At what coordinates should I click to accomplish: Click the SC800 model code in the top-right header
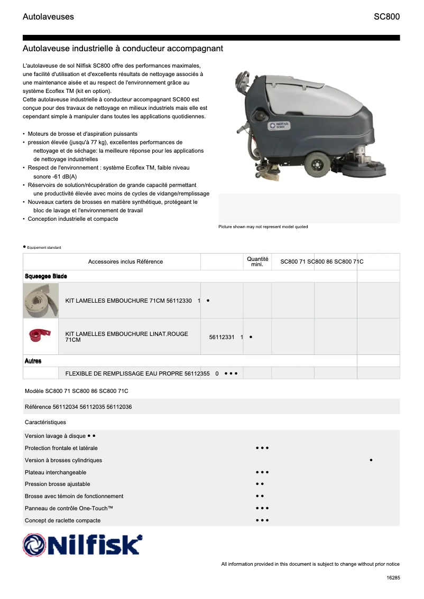click(386, 17)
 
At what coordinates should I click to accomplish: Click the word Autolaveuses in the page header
click(48, 17)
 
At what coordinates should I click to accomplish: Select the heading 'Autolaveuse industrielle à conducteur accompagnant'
click(123, 49)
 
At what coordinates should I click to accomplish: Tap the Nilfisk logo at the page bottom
click(82, 545)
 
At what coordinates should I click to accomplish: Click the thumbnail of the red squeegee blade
click(40, 336)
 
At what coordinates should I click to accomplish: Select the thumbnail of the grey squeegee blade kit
click(40, 300)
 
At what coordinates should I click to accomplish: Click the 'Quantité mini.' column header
click(257, 261)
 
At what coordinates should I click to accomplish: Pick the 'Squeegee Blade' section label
click(46, 276)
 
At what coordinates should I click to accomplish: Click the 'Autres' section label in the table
click(33, 361)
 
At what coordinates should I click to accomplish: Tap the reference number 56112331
click(222, 337)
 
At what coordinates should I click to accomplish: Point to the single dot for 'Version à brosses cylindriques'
click(372, 461)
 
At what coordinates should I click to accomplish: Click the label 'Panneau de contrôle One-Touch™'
click(69, 508)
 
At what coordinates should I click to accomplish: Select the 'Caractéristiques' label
click(45, 423)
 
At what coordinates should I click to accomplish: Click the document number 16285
click(393, 578)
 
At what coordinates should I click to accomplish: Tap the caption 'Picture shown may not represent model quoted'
click(263, 227)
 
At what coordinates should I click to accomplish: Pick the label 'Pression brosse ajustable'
click(58, 484)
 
